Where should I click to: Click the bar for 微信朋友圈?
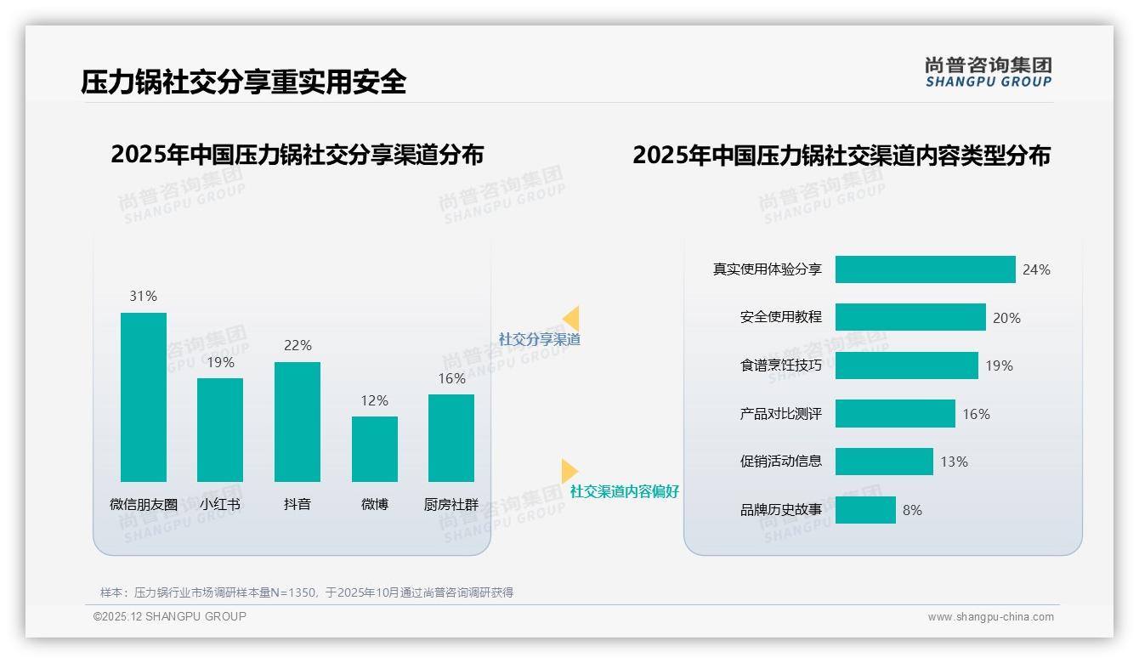pyautogui.click(x=144, y=397)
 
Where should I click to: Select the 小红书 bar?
pyautogui.click(x=220, y=429)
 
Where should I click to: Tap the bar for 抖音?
pyautogui.click(x=297, y=422)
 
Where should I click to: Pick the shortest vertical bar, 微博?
pyautogui.click(x=375, y=449)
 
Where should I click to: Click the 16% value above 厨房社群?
pyautogui.click(x=451, y=378)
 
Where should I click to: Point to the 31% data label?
pyautogui.click(x=144, y=296)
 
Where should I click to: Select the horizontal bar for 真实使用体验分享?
pyautogui.click(x=925, y=269)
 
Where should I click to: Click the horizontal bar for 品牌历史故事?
pyautogui.click(x=865, y=510)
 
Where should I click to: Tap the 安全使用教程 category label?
pyautogui.click(x=780, y=317)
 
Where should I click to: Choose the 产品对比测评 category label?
pyautogui.click(x=780, y=414)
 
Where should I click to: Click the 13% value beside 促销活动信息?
pyautogui.click(x=954, y=462)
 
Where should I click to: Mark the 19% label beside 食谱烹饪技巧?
pyautogui.click(x=999, y=365)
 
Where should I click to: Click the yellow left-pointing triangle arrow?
pyautogui.click(x=571, y=319)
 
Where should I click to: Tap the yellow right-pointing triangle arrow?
pyautogui.click(x=569, y=471)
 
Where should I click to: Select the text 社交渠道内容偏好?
pyautogui.click(x=624, y=492)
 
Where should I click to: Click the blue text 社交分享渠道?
pyautogui.click(x=539, y=339)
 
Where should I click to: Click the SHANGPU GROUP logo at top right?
pyautogui.click(x=988, y=72)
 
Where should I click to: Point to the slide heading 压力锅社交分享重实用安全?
pyautogui.click(x=244, y=82)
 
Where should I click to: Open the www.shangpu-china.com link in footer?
pyautogui.click(x=990, y=617)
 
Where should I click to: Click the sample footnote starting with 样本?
pyautogui.click(x=307, y=592)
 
